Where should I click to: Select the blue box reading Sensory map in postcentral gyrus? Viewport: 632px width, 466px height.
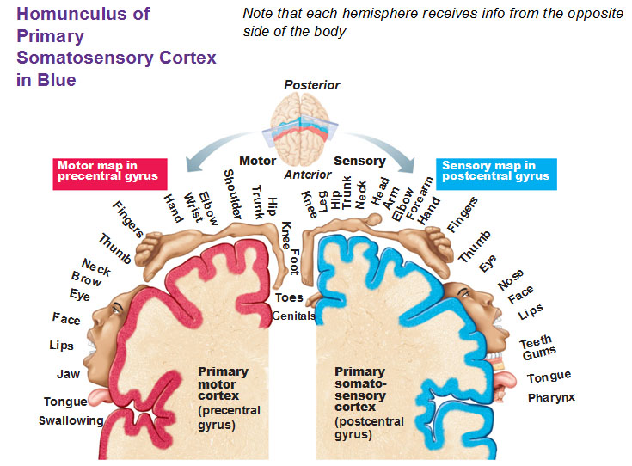(495, 171)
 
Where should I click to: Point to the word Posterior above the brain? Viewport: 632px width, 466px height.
(312, 85)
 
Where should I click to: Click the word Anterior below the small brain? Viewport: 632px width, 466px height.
(308, 175)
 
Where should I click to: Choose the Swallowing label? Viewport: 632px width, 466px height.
(71, 420)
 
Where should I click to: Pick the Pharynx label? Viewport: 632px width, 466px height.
(551, 397)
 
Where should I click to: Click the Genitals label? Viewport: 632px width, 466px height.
(294, 316)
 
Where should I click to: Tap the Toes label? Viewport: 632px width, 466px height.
(289, 297)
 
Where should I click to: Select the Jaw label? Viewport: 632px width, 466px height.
(68, 374)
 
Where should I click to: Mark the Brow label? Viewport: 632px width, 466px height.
(86, 280)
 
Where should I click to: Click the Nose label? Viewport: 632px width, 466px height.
(511, 279)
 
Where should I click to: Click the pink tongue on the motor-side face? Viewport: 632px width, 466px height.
(101, 396)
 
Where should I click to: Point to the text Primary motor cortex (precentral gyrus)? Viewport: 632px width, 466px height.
(223, 398)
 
